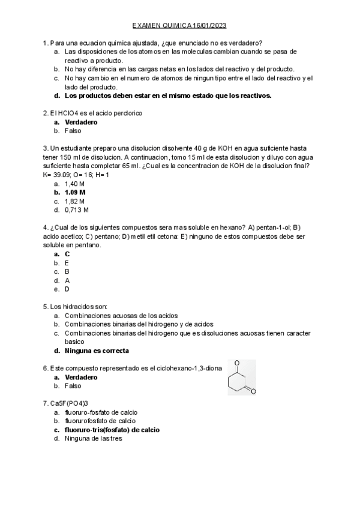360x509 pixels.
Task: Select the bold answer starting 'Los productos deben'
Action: [x=168, y=95]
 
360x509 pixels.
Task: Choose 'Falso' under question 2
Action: [x=73, y=130]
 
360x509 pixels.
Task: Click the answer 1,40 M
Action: [x=75, y=183]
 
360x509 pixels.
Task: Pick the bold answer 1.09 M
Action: [x=75, y=192]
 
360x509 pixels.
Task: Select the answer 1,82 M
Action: [x=75, y=201]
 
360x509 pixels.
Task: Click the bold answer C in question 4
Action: [x=67, y=254]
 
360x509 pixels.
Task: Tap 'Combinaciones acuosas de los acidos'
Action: [x=121, y=315]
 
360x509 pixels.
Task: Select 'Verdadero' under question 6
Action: [x=81, y=378]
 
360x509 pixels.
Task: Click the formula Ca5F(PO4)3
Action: [x=70, y=403]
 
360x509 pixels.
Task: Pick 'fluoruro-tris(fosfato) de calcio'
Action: [x=112, y=430]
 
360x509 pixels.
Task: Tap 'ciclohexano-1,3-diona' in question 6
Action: [x=181, y=368]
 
